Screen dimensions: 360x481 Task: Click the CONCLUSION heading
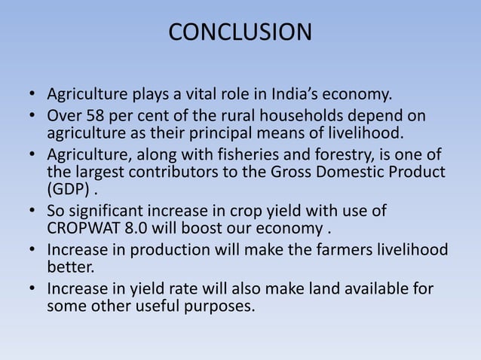tap(240, 32)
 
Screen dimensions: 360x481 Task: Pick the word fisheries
tap(256, 156)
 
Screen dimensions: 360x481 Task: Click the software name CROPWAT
tap(88, 229)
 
